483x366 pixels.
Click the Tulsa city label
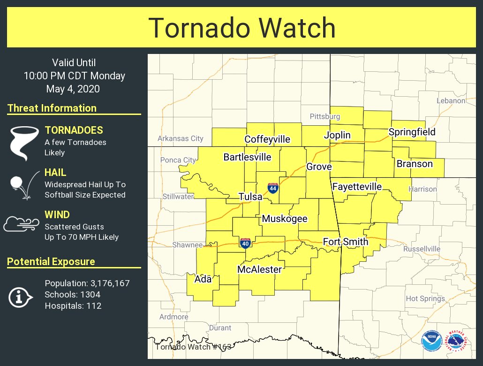250,197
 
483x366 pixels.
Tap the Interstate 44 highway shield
272,188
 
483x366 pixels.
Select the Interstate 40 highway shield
245,243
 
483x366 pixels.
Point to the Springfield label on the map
412,132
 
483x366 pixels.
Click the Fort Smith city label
346,242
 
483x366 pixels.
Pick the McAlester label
259,269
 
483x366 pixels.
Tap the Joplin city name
337,135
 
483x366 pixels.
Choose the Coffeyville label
267,139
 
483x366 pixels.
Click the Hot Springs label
425,298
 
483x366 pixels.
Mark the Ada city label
203,279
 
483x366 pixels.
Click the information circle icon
20,297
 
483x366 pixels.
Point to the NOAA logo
431,341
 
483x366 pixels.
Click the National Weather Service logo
456,341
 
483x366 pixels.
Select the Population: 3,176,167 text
87,283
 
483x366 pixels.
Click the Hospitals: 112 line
73,306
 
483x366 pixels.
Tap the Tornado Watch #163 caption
193,347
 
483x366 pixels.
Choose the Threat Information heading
52,108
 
